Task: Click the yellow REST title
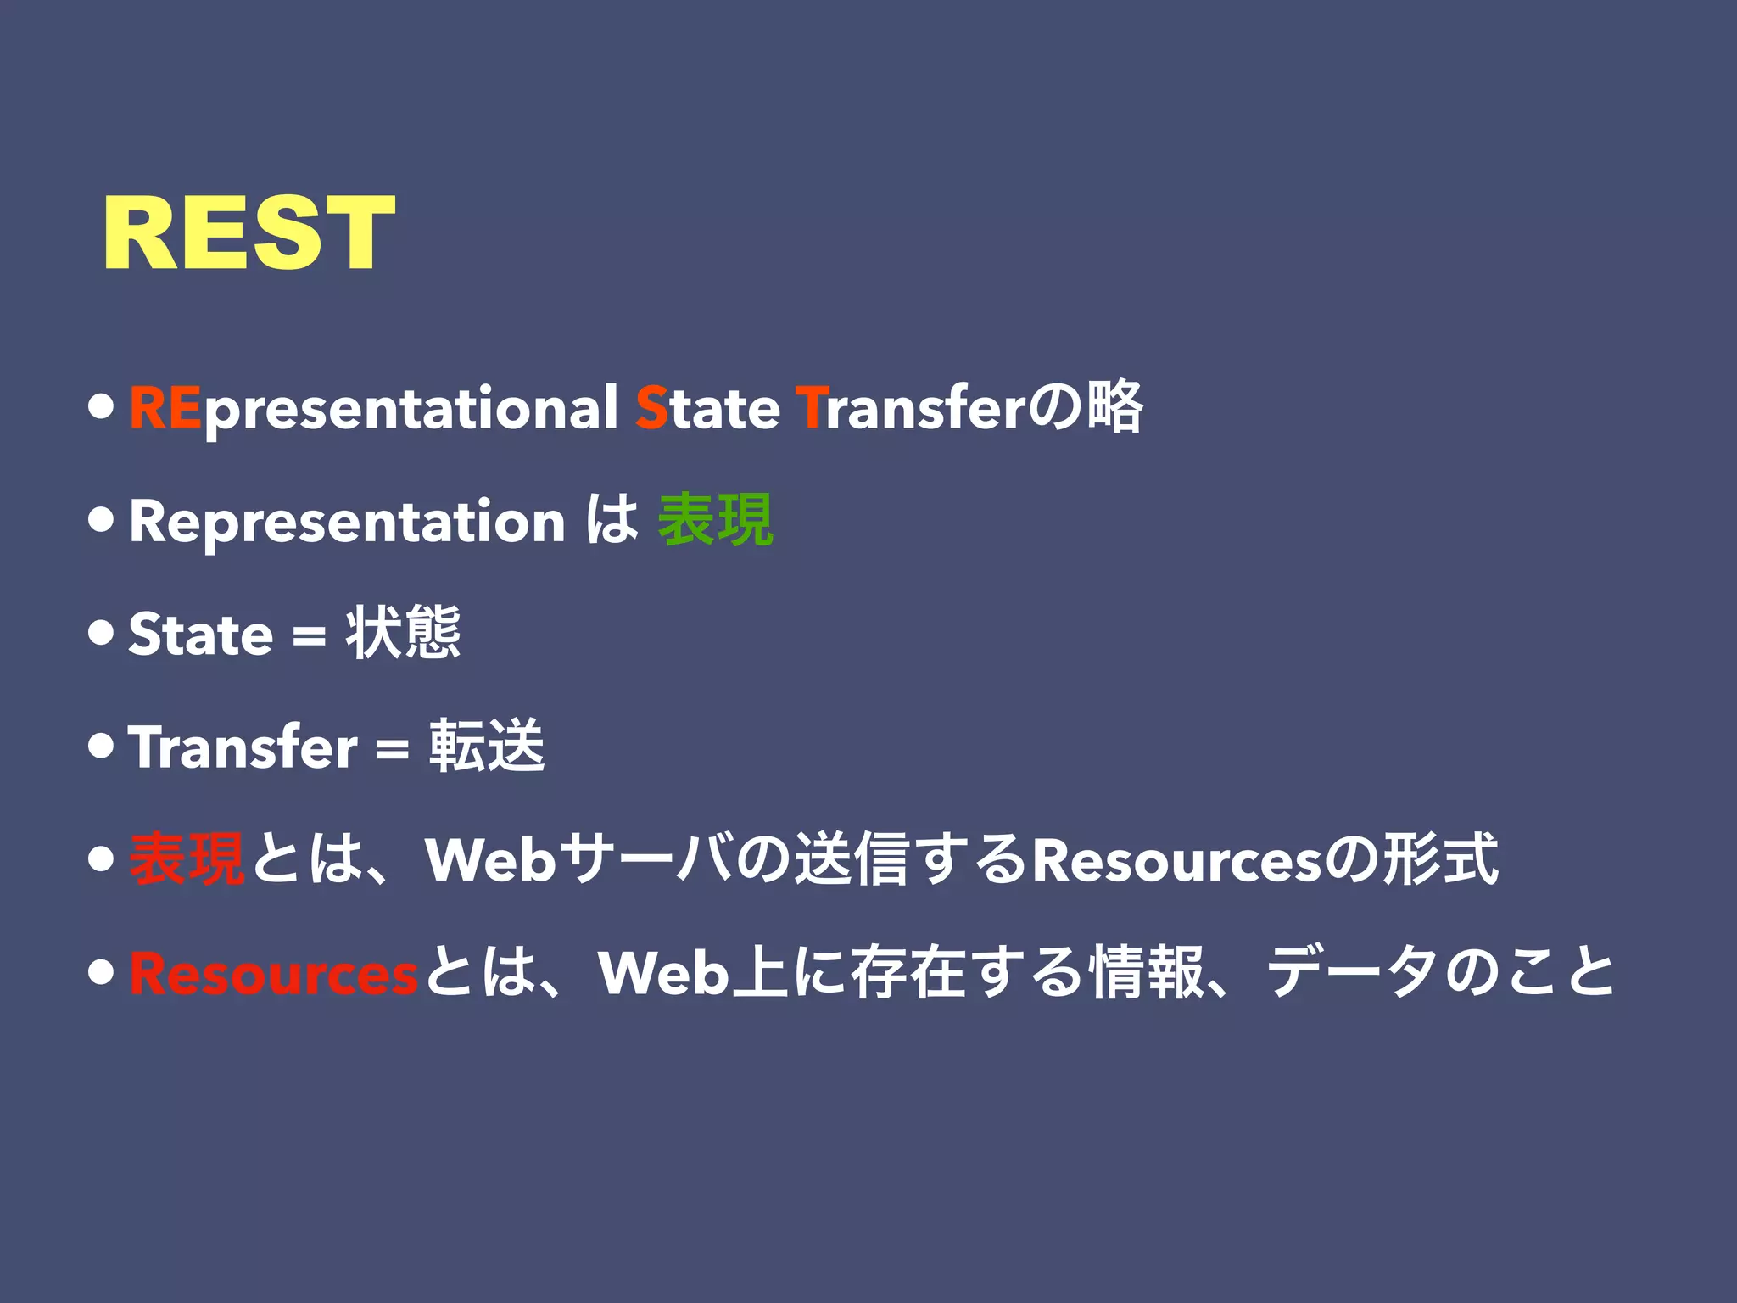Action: (249, 232)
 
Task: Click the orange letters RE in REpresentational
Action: (165, 408)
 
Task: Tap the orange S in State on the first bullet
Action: (651, 408)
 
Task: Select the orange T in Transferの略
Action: (809, 408)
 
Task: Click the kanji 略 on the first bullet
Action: (1115, 408)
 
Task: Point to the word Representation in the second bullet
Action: (347, 521)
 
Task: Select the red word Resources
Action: (273, 974)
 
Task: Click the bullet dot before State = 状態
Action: (101, 634)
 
